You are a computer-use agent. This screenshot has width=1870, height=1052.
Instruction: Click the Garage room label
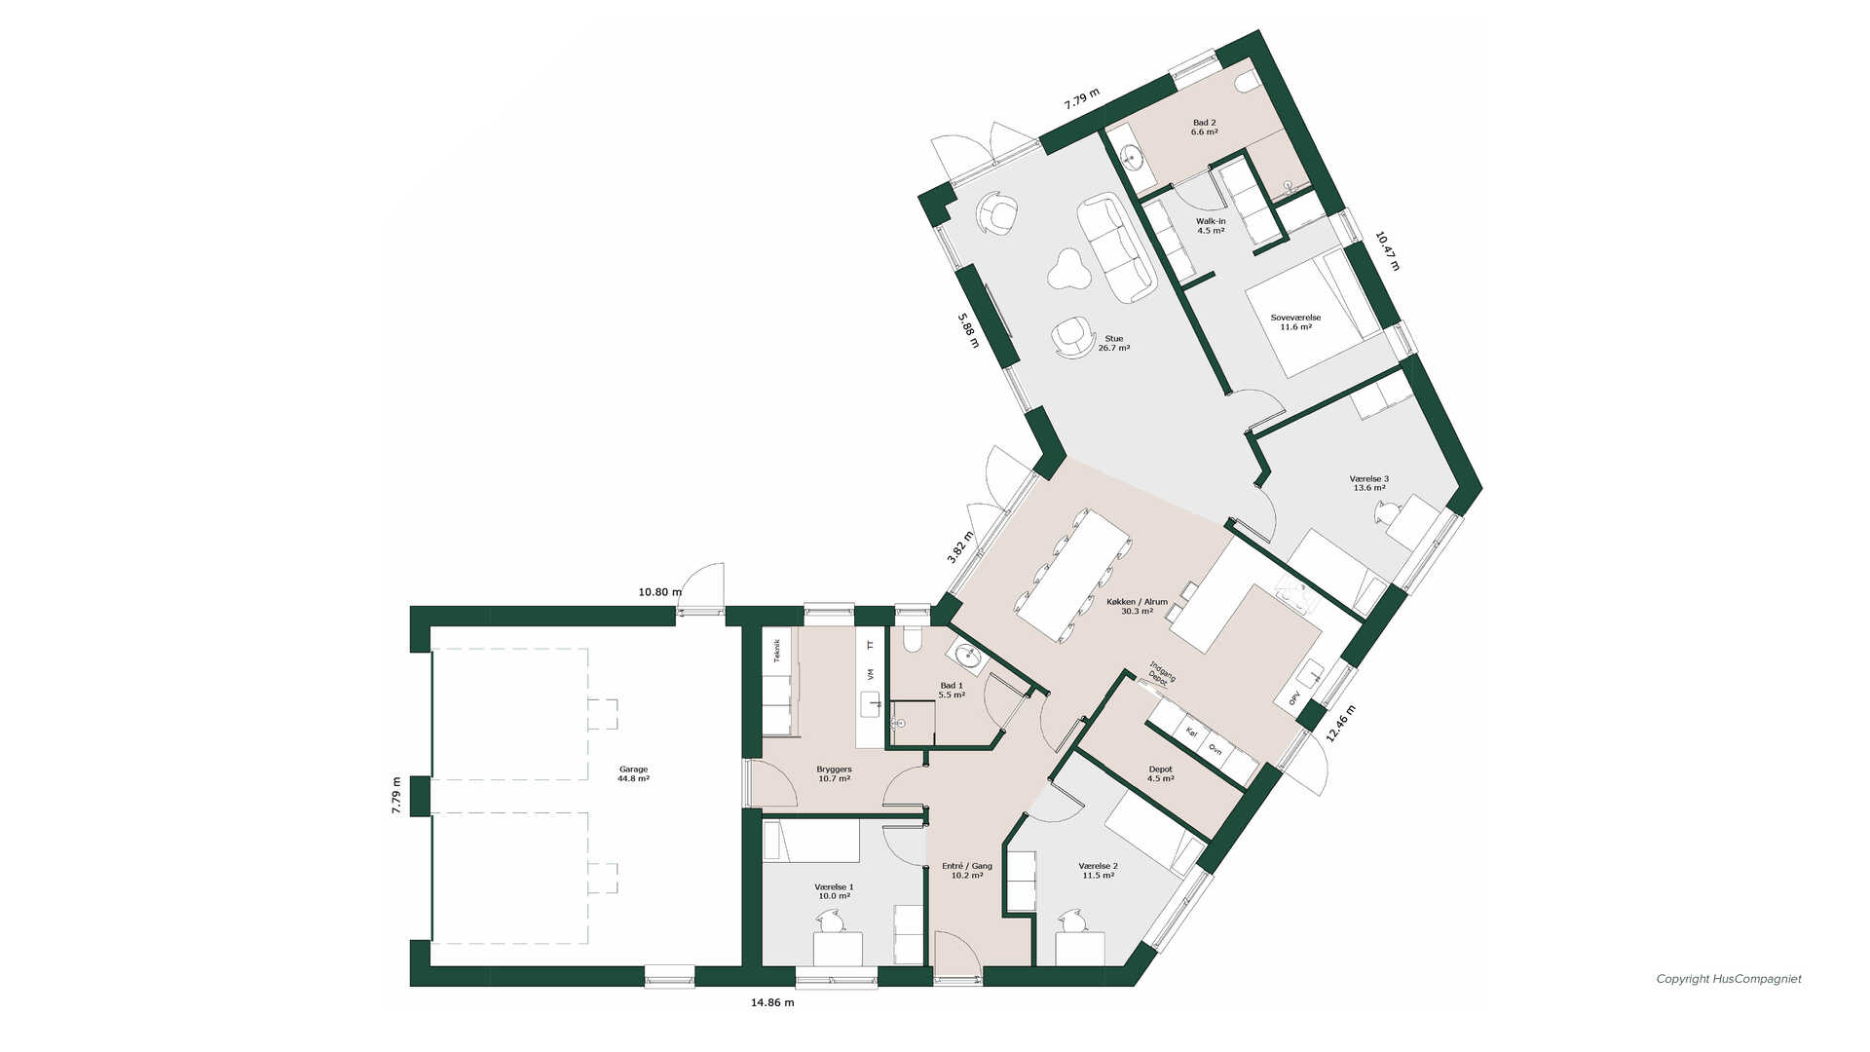(633, 773)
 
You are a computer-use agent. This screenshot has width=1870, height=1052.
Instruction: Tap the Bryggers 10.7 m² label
(834, 773)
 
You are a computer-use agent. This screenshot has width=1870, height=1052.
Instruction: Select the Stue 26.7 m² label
(1114, 343)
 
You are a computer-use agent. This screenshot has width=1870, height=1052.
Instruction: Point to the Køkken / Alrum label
(1138, 602)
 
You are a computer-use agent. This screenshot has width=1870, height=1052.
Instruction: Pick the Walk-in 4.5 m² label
(1211, 226)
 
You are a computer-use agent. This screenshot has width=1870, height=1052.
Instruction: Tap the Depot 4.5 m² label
(1160, 773)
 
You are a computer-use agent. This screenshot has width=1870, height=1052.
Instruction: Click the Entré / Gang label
(967, 866)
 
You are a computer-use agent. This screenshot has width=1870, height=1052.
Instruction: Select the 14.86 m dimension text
(772, 1002)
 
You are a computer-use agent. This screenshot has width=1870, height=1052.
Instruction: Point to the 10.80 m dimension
(660, 591)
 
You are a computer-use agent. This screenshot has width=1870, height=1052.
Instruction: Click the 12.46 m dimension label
(1341, 724)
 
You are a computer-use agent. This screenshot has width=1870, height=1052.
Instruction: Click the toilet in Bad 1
(913, 639)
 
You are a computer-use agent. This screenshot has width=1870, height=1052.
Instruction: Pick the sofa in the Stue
(1116, 247)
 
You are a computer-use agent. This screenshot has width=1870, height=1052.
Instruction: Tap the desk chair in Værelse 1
(831, 920)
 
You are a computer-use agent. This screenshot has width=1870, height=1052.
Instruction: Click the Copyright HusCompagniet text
(1729, 979)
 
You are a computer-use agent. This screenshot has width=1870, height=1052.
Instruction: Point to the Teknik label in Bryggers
(776, 650)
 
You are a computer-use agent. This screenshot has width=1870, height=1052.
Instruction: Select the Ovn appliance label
(1215, 748)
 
